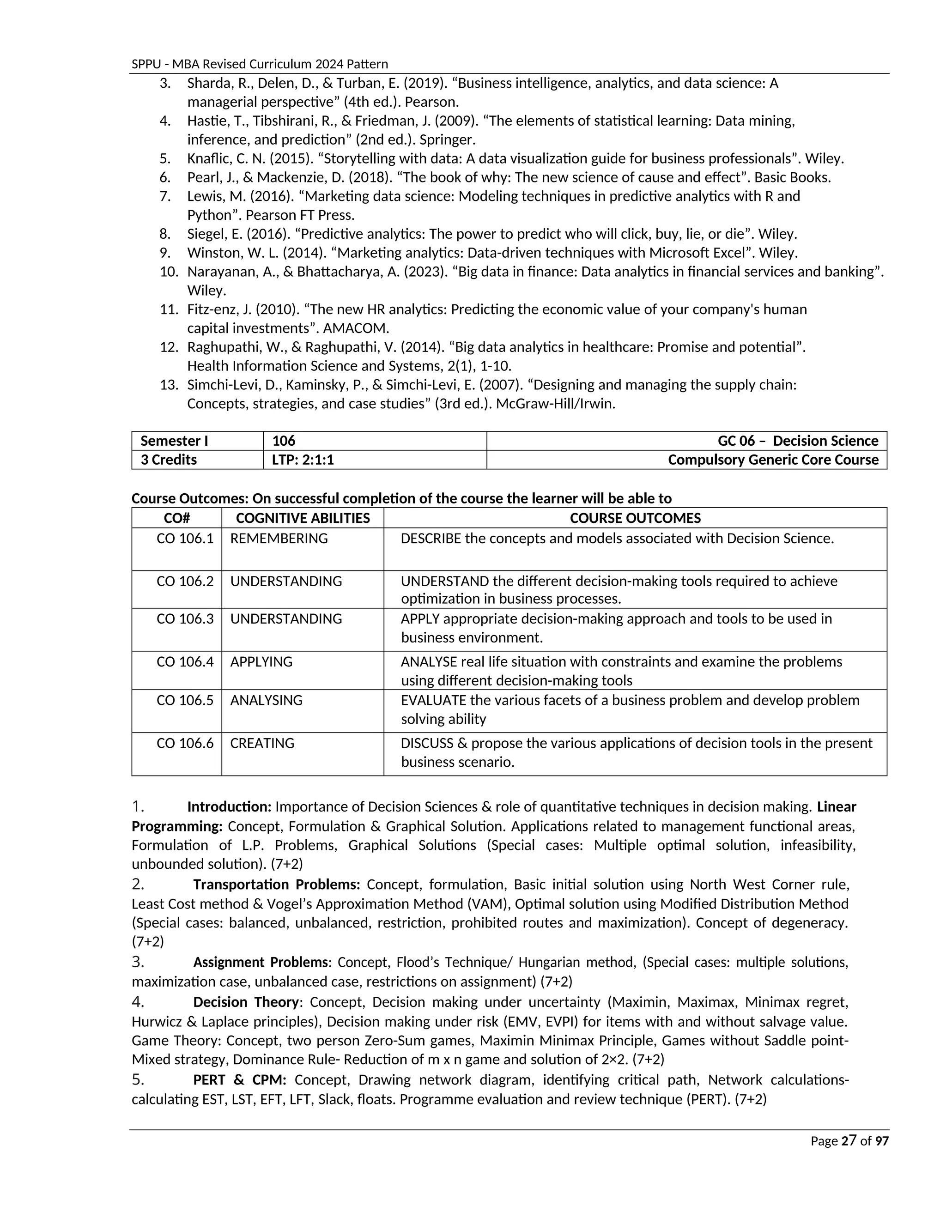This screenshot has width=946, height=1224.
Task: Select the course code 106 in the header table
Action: point(284,441)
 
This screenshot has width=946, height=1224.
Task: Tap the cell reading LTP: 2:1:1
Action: point(303,460)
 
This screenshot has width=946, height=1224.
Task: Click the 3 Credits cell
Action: point(169,460)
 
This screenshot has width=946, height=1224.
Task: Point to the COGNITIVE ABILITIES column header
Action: point(303,518)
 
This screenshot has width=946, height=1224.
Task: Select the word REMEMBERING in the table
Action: point(279,538)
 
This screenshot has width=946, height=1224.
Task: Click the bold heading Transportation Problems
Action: point(276,885)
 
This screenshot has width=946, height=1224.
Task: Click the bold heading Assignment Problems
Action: point(261,962)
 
